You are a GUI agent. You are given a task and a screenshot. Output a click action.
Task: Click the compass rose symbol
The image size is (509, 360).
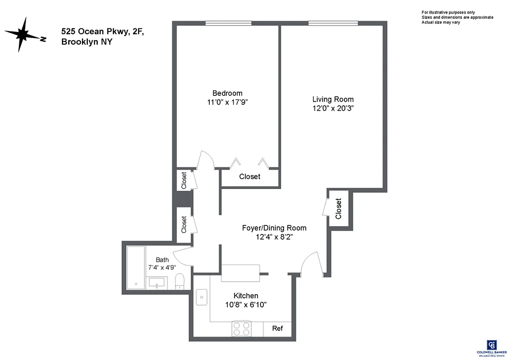click(x=23, y=35)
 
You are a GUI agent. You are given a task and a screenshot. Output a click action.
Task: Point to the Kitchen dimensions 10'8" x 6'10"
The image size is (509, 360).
click(x=246, y=305)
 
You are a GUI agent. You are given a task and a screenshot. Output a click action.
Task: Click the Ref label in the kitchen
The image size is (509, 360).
click(x=277, y=328)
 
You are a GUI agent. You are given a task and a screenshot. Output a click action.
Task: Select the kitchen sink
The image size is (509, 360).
click(x=201, y=297)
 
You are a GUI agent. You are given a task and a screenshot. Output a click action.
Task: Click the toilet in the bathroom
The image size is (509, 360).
click(x=179, y=281)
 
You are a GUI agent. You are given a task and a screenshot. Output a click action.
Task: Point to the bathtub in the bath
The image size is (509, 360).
click(x=135, y=268)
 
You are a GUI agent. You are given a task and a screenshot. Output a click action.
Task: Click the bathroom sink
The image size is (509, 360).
click(x=156, y=283)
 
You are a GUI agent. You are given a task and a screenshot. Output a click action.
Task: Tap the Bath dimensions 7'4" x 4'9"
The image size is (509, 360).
click(x=162, y=267)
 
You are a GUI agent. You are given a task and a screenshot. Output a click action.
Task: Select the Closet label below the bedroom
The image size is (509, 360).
click(x=249, y=177)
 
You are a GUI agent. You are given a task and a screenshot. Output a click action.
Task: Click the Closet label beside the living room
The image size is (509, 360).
click(x=338, y=208)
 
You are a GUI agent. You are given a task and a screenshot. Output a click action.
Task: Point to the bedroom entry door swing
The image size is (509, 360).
click(x=204, y=160)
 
